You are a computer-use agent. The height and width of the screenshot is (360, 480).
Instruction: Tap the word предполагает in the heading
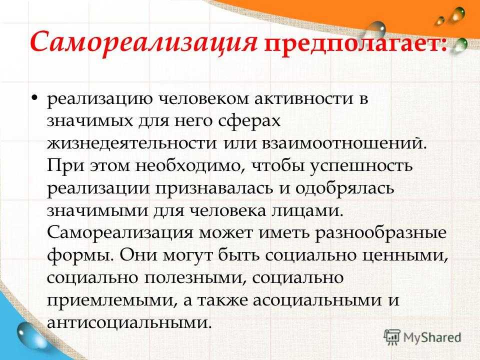coord(354,43)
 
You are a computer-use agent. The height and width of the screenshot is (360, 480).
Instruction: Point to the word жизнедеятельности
coord(131,143)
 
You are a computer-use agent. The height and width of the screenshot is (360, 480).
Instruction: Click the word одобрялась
coord(344,188)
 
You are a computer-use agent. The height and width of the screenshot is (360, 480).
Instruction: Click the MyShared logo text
coord(432,337)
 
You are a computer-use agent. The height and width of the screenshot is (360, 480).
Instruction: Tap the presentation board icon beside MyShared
coord(392,338)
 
